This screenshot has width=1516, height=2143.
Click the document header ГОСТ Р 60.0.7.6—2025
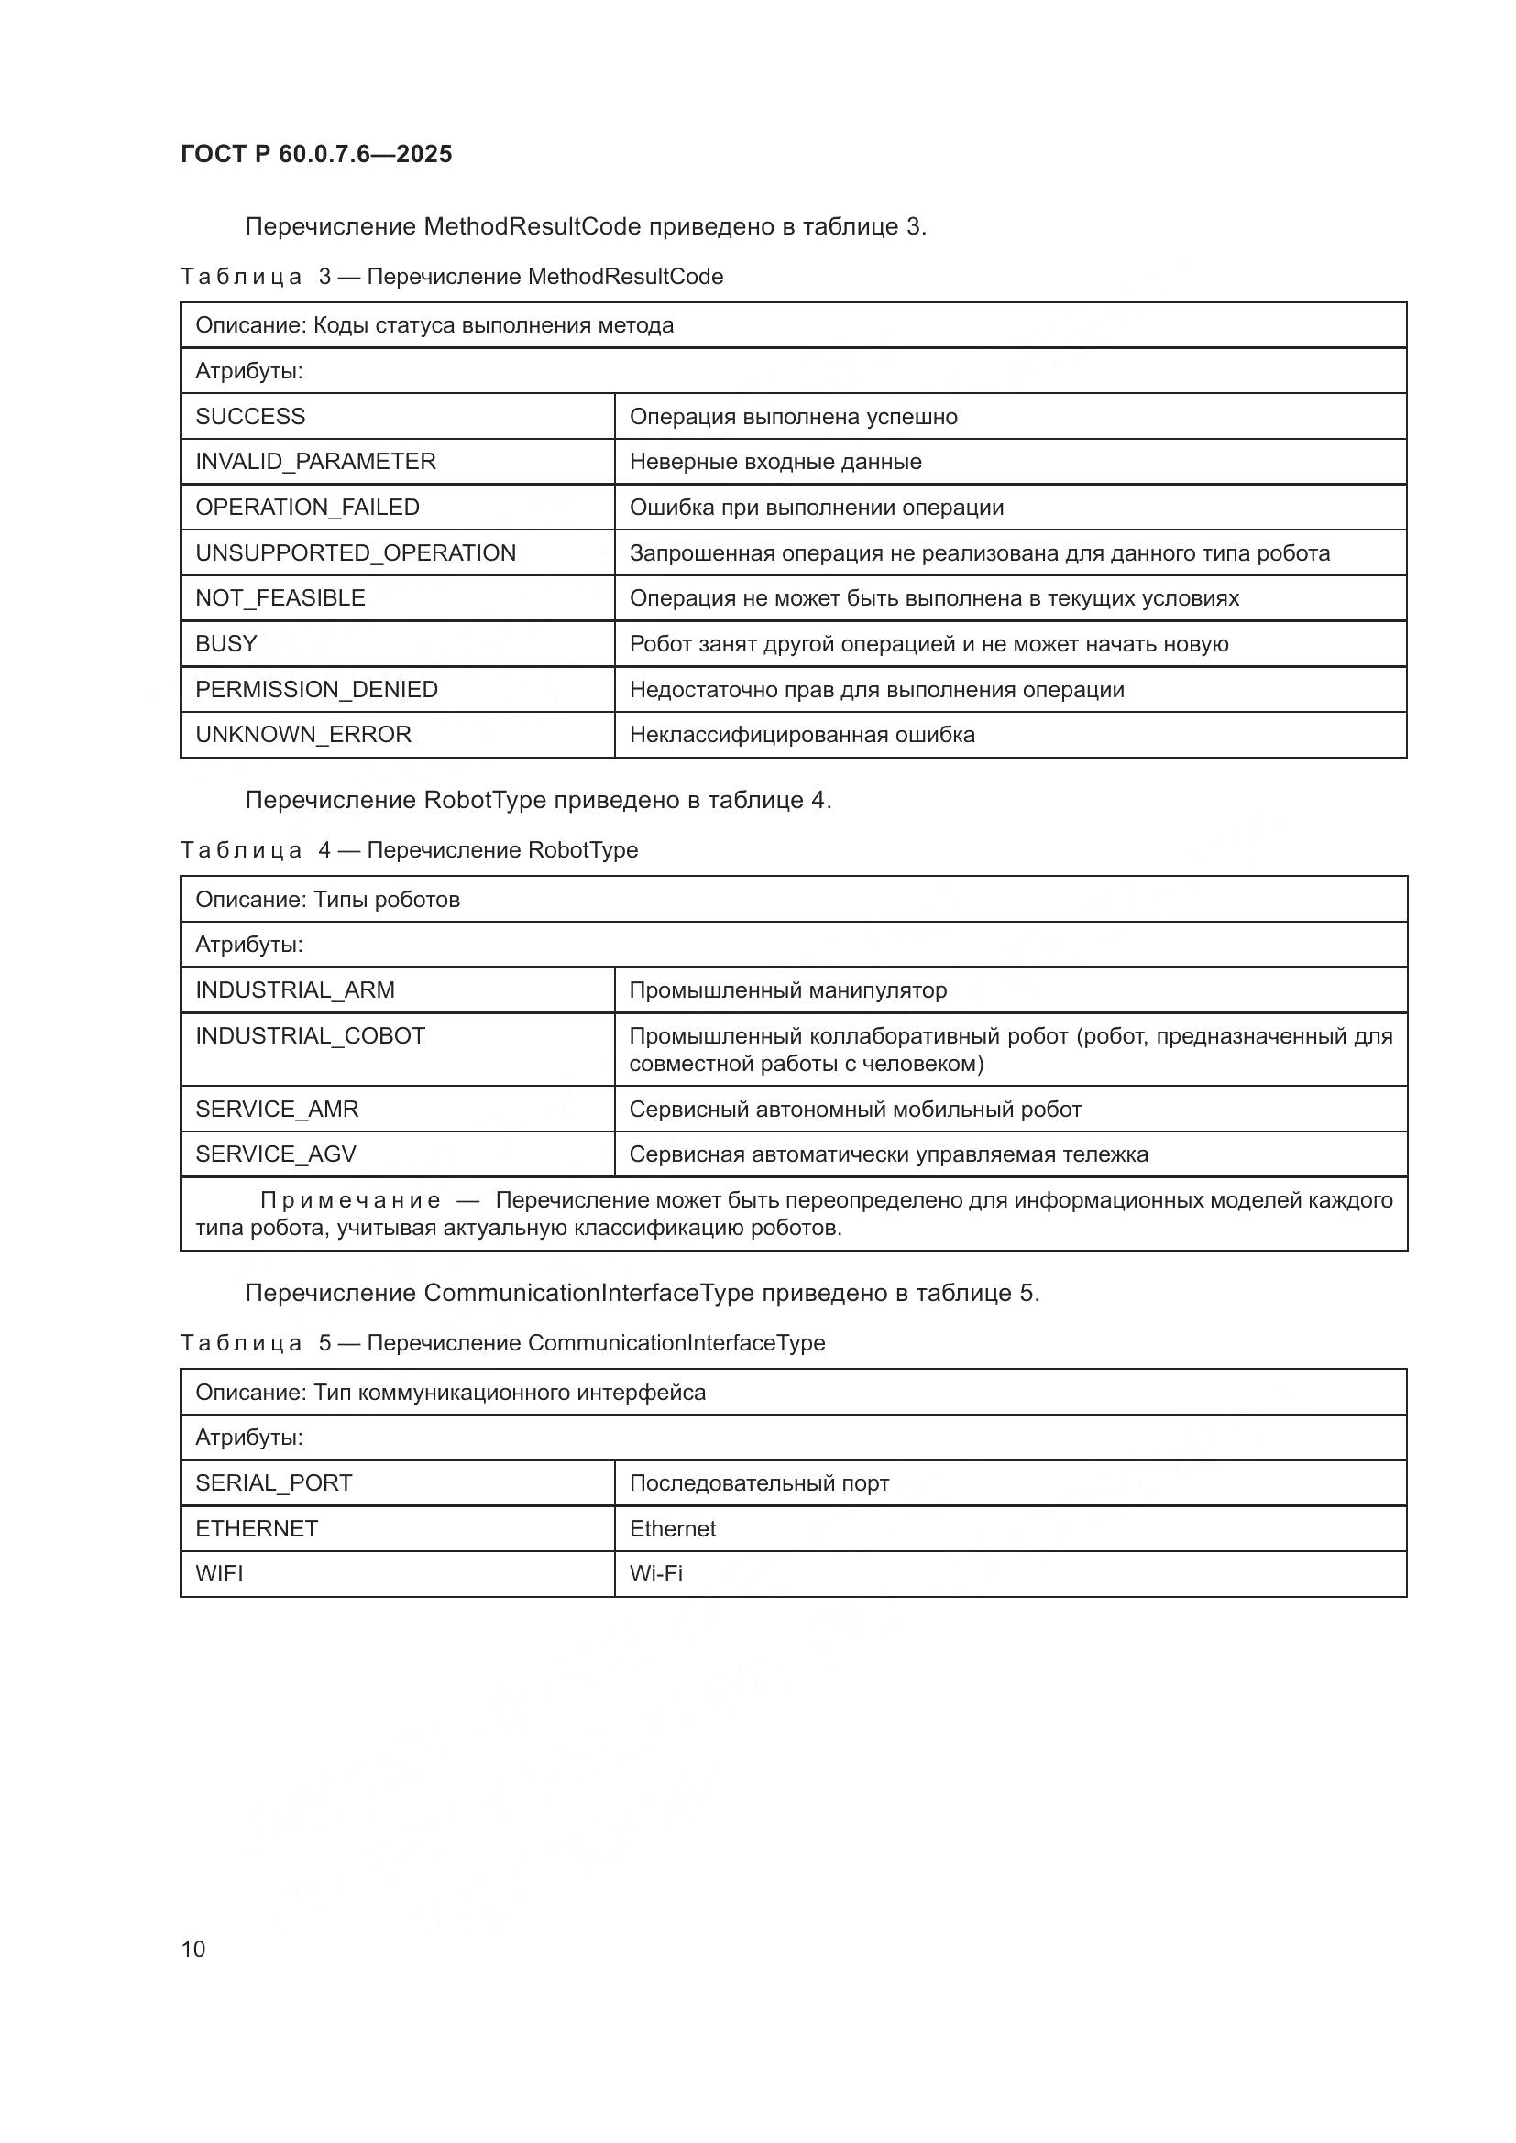[x=316, y=154]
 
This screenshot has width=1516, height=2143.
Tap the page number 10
[x=193, y=1949]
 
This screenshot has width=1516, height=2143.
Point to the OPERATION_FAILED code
[x=307, y=507]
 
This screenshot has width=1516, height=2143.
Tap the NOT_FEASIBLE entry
[x=280, y=598]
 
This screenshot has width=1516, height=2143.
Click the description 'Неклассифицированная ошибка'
[x=802, y=735]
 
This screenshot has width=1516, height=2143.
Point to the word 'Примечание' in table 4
[x=350, y=1200]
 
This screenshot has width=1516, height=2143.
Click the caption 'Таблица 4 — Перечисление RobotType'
[x=409, y=850]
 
